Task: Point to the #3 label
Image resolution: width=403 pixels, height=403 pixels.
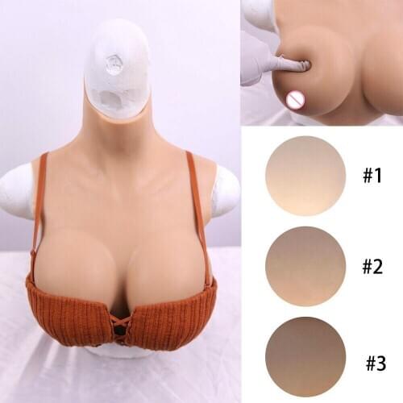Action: [376, 363]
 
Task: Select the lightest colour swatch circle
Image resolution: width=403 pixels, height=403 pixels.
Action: [305, 176]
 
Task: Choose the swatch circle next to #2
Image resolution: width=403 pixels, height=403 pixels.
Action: [305, 266]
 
